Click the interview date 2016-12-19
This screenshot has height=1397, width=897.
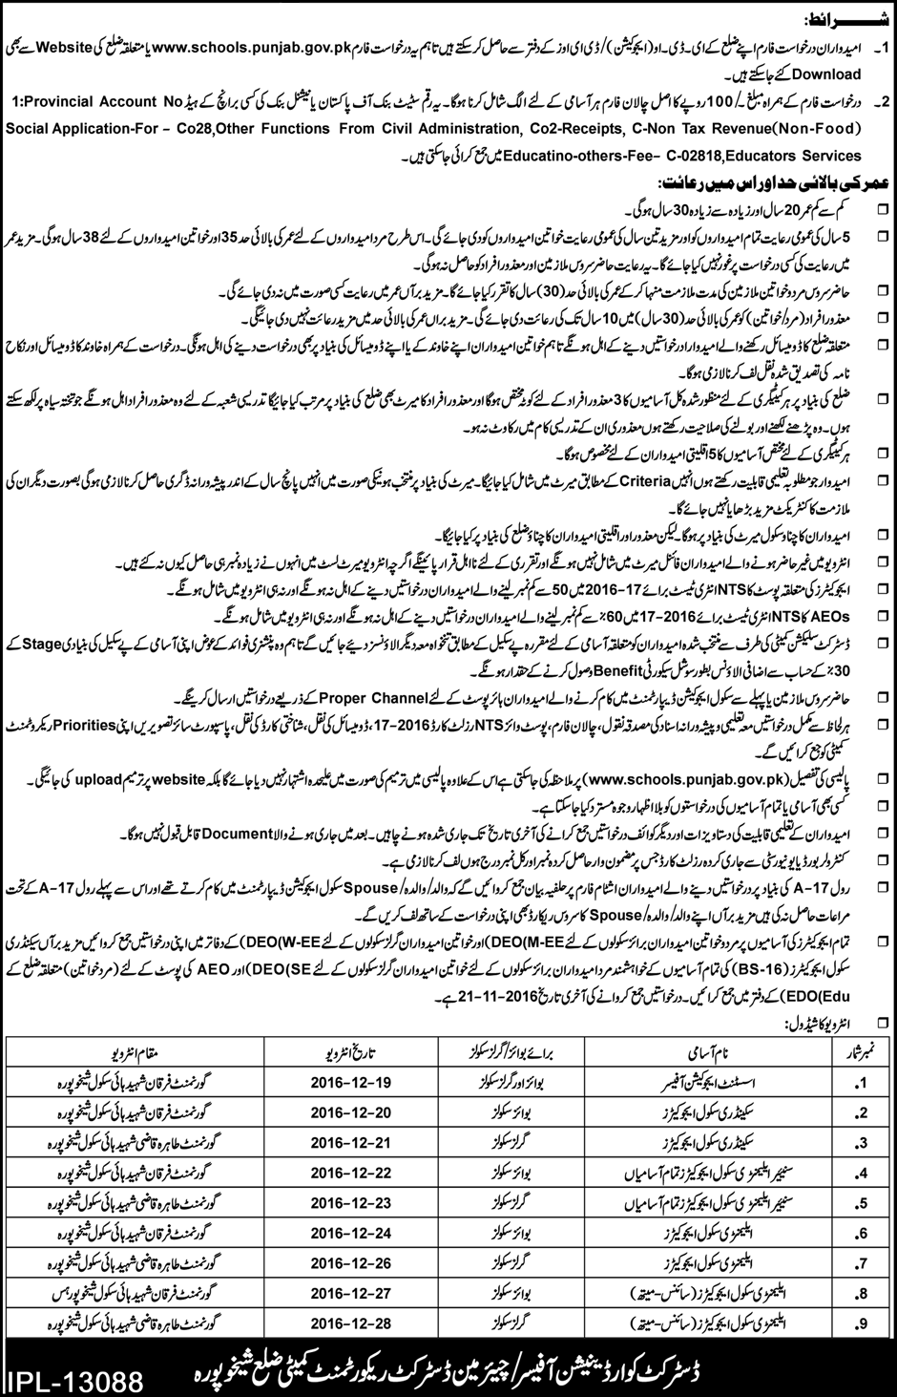(352, 1084)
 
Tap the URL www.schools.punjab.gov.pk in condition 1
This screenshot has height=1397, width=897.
(248, 46)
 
